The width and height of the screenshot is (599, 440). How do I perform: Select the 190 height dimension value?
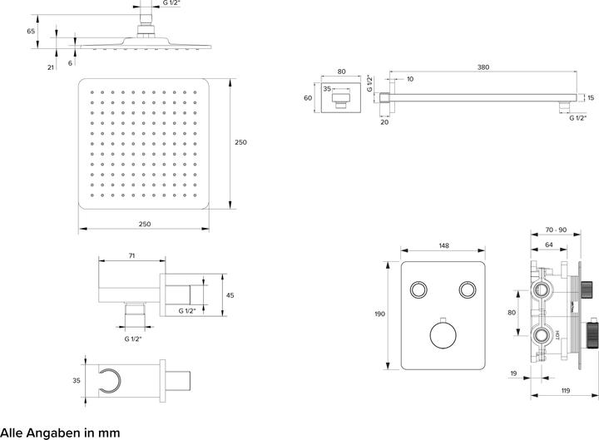[379, 314]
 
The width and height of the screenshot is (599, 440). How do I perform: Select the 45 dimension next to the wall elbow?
[230, 294]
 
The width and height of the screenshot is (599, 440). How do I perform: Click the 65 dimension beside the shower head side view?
[30, 31]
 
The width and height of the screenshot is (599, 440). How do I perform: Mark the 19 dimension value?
[514, 375]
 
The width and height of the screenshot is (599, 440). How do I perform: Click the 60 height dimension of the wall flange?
[308, 97]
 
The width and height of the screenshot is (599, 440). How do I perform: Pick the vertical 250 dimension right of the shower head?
[240, 142]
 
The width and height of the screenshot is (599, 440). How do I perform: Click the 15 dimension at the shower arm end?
[591, 98]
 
